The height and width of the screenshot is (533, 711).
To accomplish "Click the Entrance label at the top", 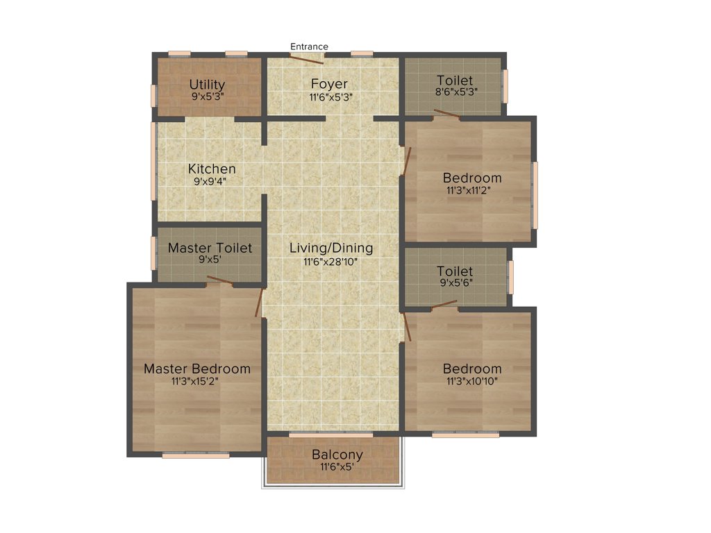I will tap(309, 46).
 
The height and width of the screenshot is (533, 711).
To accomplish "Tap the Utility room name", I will tap(207, 85).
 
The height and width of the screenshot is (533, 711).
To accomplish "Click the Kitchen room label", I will tap(212, 169).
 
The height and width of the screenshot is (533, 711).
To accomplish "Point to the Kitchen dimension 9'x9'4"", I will tap(210, 182).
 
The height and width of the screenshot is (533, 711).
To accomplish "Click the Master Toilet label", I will tap(210, 248).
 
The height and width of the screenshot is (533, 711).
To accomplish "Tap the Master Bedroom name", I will tap(197, 369).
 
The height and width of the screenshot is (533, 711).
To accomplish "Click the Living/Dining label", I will tap(331, 248).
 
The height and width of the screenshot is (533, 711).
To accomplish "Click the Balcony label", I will tap(337, 455).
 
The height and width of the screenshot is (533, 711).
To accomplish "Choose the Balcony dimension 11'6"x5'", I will tap(337, 467).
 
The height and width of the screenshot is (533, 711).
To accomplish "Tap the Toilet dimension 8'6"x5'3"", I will tap(455, 92).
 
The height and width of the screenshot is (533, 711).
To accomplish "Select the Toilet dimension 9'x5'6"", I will tap(455, 283).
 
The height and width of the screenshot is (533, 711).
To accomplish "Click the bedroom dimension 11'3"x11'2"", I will tap(472, 190).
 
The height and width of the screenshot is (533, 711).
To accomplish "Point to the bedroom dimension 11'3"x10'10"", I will tap(472, 381).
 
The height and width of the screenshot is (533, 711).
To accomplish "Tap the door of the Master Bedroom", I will tap(260, 302).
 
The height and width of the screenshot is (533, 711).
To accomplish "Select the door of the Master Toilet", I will tap(219, 280).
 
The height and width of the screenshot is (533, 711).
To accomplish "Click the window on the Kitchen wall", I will tap(153, 169).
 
